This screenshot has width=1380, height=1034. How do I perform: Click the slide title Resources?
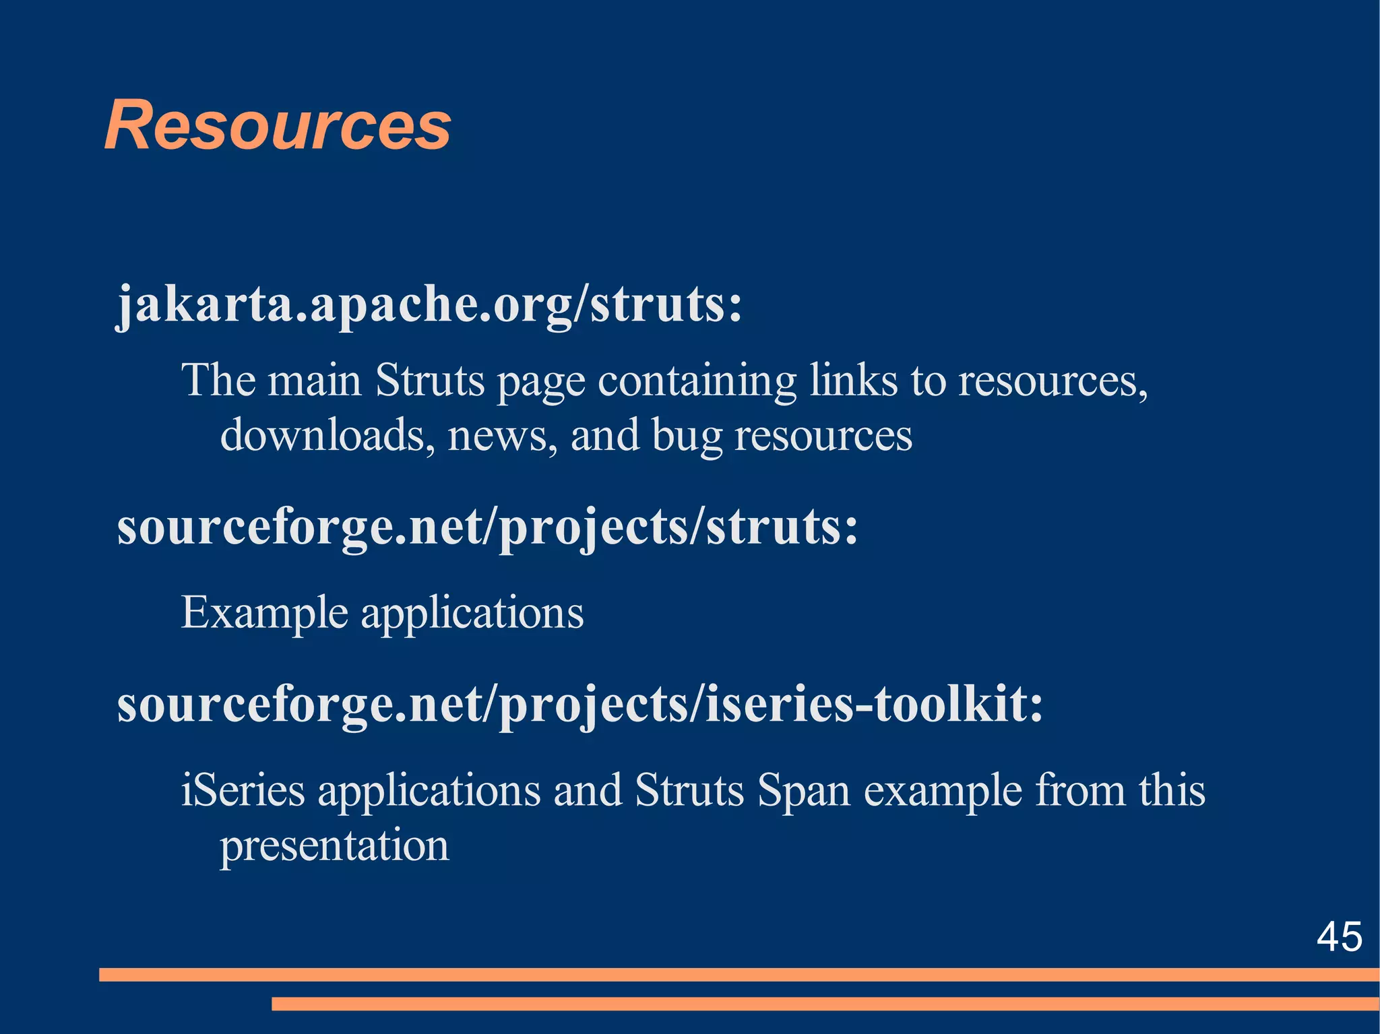(277, 126)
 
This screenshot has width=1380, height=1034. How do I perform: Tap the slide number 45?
(1339, 936)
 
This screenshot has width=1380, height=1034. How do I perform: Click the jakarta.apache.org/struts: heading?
(429, 304)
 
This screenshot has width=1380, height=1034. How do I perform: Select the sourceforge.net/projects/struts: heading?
(488, 527)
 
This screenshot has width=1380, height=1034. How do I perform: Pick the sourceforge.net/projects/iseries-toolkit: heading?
(579, 705)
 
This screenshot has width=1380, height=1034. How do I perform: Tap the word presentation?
(334, 845)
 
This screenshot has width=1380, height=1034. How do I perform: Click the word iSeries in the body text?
(243, 790)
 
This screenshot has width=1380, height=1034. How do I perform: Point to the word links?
(853, 381)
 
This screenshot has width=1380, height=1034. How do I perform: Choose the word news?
(502, 437)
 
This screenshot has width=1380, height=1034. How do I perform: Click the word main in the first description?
(315, 381)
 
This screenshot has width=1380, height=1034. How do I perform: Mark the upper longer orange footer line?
(739, 974)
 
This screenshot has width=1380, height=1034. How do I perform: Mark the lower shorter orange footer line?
(825, 1004)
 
